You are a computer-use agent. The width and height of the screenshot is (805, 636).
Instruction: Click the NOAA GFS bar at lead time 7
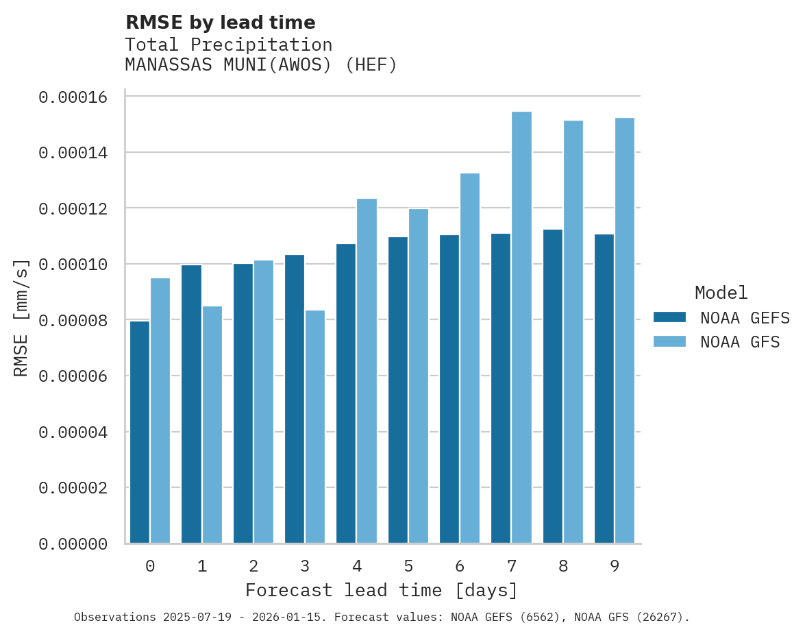[x=521, y=328]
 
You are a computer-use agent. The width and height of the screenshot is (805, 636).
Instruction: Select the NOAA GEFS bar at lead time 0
[x=140, y=432]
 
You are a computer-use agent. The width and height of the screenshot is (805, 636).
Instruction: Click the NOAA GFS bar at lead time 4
[x=367, y=371]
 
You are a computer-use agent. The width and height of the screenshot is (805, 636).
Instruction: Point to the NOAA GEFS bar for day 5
[x=397, y=390]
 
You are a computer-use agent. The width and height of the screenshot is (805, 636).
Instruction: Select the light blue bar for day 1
[x=212, y=424]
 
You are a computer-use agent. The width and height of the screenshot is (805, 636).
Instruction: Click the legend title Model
[x=721, y=293]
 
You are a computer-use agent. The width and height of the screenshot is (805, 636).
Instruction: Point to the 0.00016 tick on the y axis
[x=73, y=97]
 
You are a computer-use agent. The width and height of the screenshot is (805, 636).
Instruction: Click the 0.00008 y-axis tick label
[x=73, y=320]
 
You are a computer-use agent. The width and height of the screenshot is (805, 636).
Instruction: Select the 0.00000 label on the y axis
[x=73, y=544]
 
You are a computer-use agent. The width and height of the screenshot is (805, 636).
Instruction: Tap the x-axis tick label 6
[x=460, y=567]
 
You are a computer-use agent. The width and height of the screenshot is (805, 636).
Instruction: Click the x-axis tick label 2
[x=253, y=567]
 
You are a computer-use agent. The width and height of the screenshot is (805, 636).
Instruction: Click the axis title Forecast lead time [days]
[x=382, y=590]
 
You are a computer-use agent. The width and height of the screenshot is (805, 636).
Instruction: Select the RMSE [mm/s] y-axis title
[x=21, y=317]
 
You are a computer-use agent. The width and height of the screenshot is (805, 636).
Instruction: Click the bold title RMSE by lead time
[x=220, y=23]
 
